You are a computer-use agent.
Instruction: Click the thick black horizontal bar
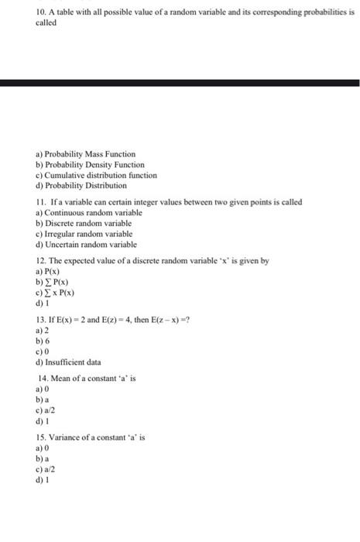[x=180, y=82]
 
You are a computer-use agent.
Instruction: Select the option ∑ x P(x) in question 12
[x=57, y=292]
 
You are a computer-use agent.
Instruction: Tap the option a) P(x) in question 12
[x=46, y=271]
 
